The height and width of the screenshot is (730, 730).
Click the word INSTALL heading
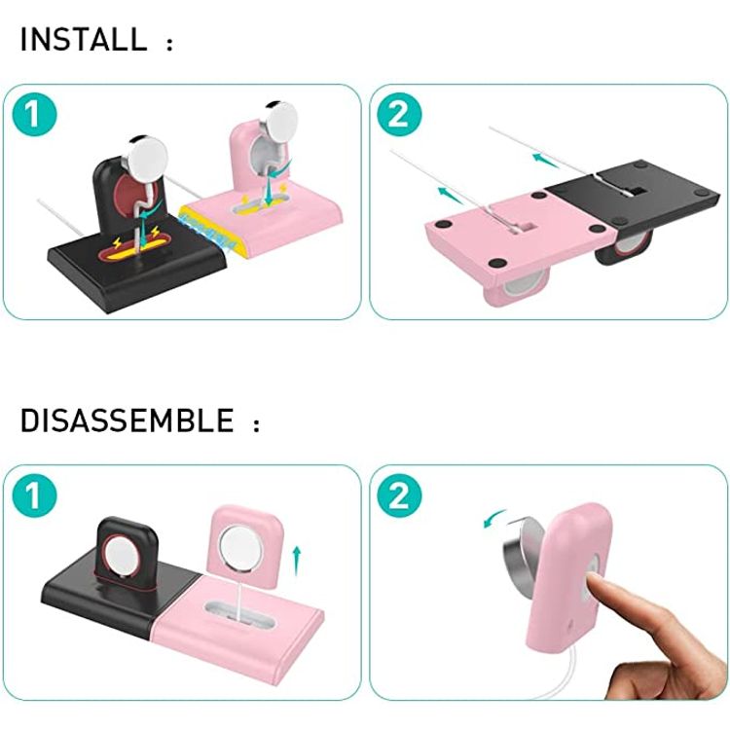click(84, 39)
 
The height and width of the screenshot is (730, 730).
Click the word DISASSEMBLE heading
click(127, 420)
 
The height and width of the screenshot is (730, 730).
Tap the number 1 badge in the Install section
click(34, 115)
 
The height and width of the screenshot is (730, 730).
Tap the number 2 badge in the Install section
click(399, 115)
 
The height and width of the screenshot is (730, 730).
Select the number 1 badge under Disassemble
click(34, 495)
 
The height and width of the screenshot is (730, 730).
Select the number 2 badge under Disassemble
click(399, 495)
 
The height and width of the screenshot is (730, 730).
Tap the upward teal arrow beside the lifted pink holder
click(296, 561)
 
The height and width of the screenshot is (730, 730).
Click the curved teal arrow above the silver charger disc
click(494, 518)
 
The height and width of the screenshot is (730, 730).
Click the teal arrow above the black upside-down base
click(546, 161)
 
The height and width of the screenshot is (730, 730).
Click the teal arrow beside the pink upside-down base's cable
click(451, 195)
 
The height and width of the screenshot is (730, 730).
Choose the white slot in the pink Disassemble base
click(239, 613)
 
